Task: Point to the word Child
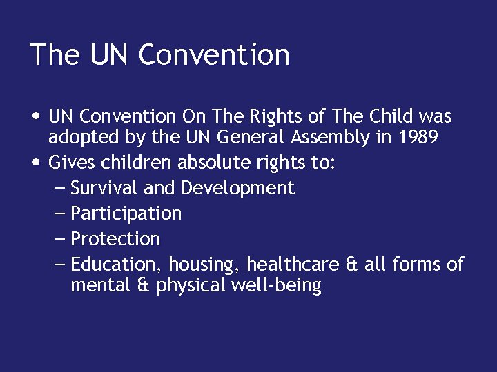point(389,117)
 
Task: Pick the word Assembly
point(333,137)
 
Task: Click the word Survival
point(101,188)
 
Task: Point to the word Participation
point(126,214)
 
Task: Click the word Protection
point(115,239)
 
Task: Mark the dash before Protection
point(60,239)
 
